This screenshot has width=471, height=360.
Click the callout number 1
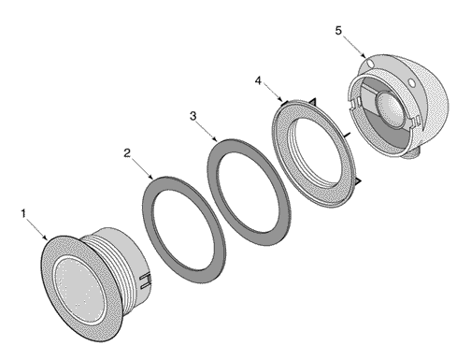click(23, 214)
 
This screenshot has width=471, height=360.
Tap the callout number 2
click(127, 153)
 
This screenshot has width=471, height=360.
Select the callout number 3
click(193, 116)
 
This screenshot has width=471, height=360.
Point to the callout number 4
click(258, 80)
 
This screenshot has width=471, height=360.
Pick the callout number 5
click(338, 31)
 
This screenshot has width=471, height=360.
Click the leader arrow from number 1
click(37, 229)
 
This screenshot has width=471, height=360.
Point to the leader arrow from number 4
click(272, 94)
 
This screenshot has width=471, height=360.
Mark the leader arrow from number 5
click(354, 46)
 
